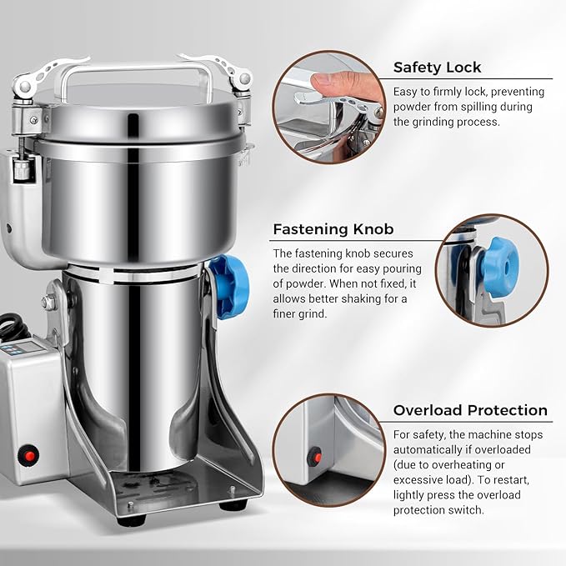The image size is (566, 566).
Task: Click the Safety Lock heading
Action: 438,68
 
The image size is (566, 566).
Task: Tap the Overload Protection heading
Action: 470,410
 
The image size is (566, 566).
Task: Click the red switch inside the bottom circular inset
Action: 314,456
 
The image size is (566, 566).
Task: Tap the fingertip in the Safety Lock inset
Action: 314,80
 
